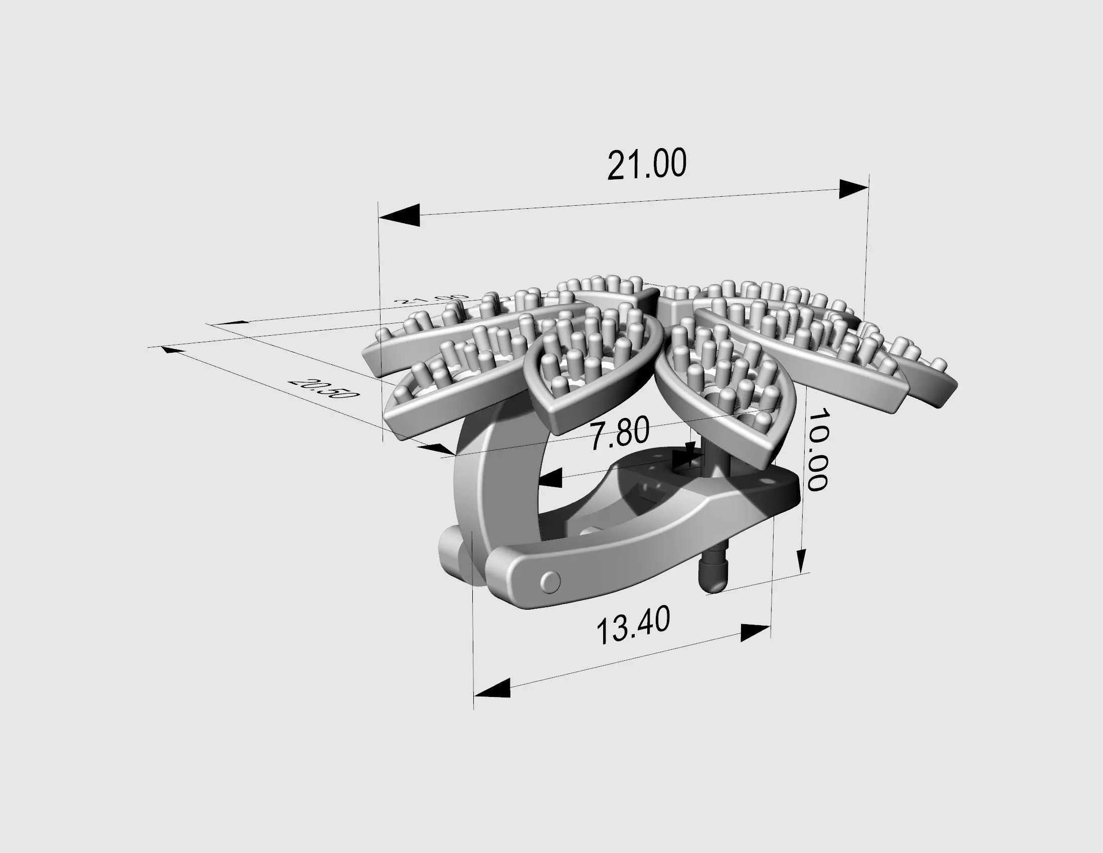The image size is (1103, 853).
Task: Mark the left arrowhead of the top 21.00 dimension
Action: [x=400, y=215]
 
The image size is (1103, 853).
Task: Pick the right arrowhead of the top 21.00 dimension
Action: [x=853, y=190]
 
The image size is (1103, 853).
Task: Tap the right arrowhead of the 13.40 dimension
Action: [x=755, y=632]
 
